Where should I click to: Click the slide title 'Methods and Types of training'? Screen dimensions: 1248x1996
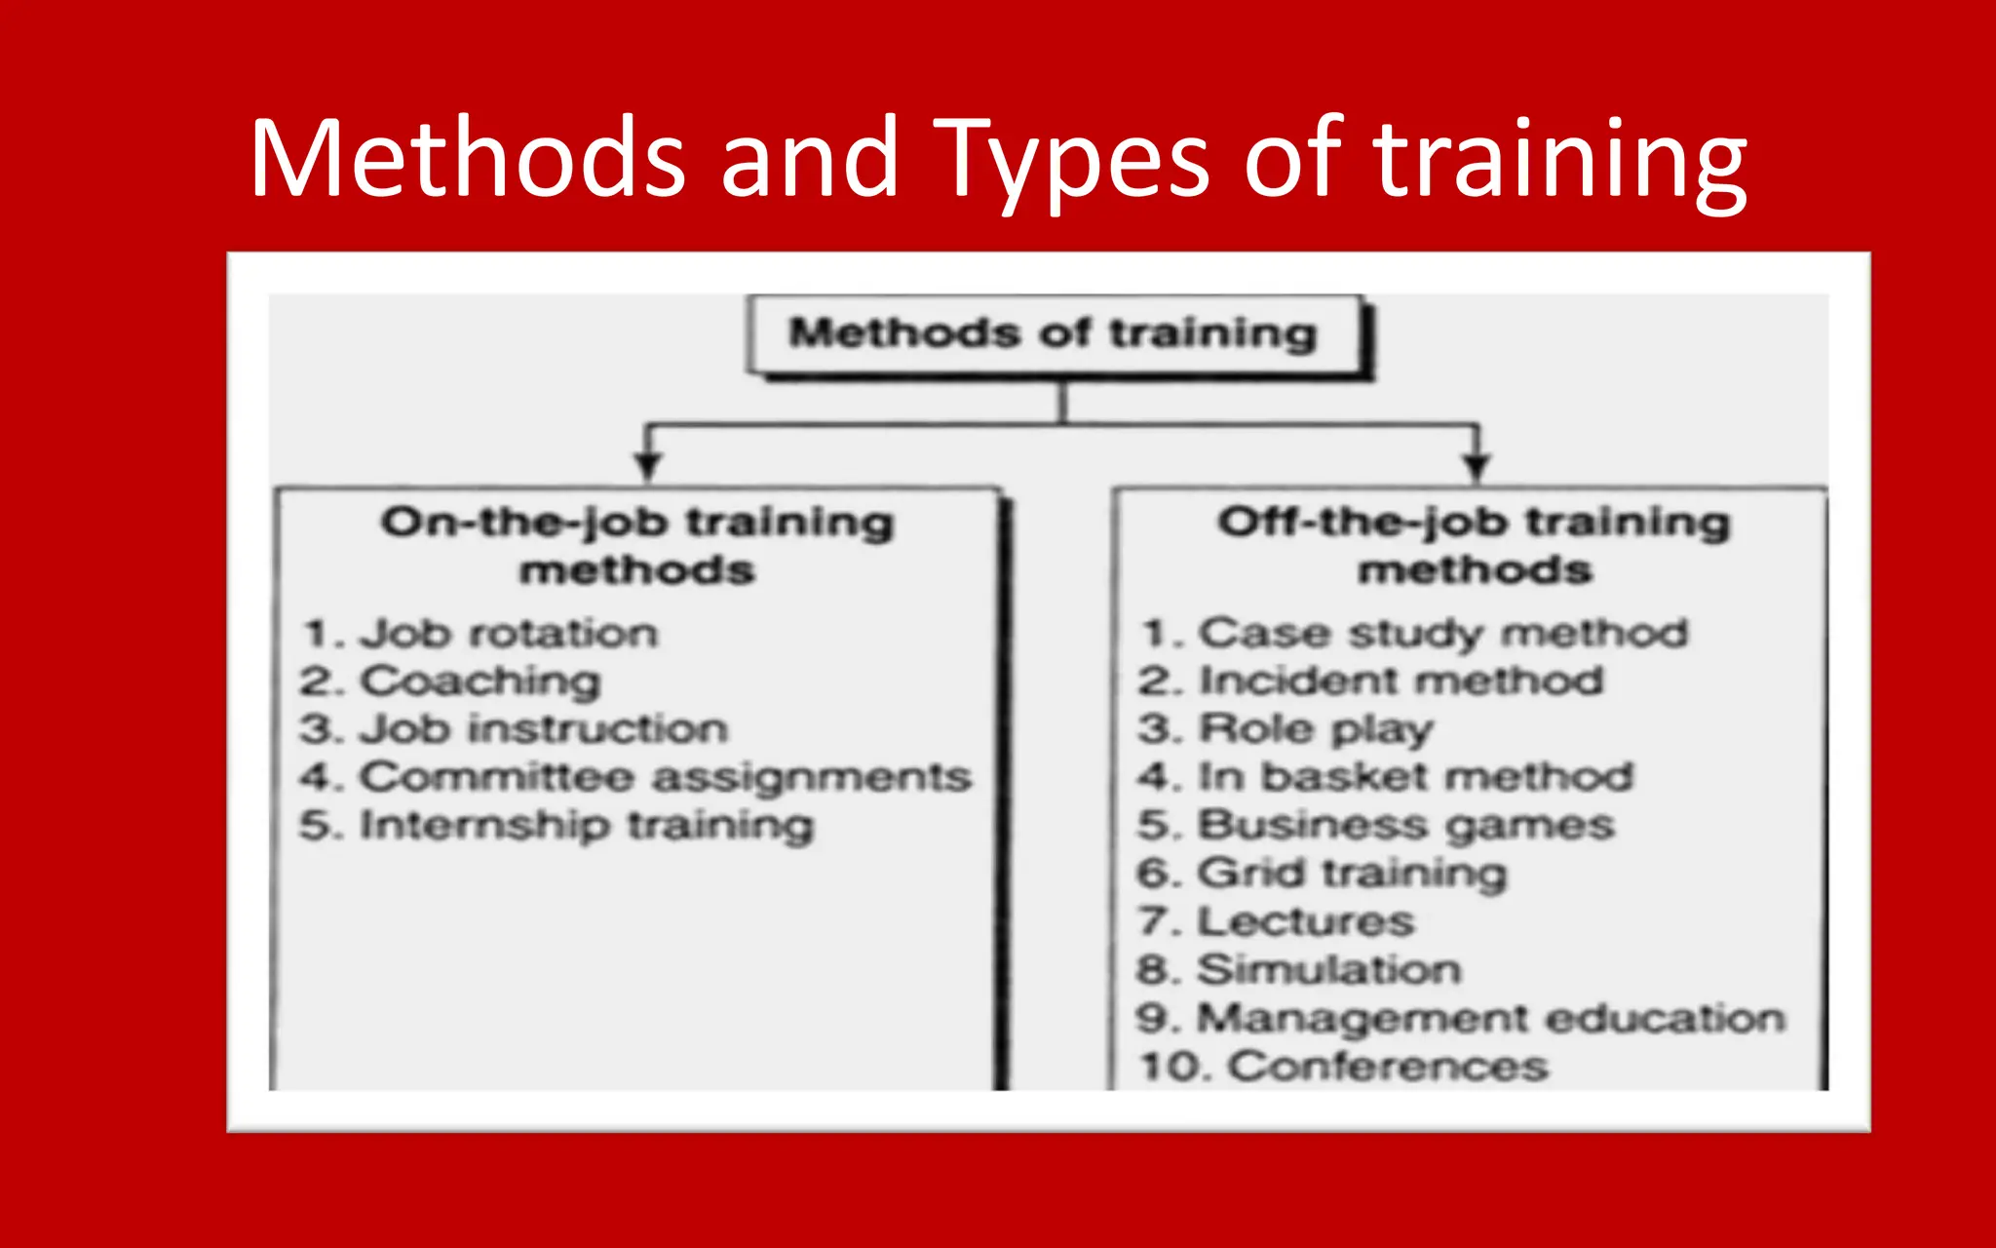click(x=998, y=158)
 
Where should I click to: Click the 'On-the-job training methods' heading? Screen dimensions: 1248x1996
click(x=637, y=546)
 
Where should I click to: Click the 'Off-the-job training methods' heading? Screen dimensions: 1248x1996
click(x=1474, y=546)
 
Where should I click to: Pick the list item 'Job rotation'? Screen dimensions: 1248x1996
click(x=509, y=634)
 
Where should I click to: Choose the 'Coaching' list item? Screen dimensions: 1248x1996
click(x=480, y=682)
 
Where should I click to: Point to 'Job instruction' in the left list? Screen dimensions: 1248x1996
click(x=543, y=729)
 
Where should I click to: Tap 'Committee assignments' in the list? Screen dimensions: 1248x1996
click(x=665, y=777)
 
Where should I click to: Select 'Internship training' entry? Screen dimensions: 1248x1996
click(x=586, y=826)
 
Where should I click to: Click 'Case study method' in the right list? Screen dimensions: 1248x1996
click(x=1442, y=634)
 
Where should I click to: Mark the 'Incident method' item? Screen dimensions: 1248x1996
click(x=1401, y=682)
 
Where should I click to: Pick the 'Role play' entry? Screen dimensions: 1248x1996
click(x=1316, y=729)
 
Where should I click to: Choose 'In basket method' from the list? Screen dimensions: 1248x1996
click(x=1415, y=777)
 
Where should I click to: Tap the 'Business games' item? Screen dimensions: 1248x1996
click(x=1405, y=826)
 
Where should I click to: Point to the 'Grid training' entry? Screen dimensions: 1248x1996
click(x=1352, y=874)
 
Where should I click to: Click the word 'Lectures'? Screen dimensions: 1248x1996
click(x=1305, y=921)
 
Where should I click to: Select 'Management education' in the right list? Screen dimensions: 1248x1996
click(x=1491, y=1018)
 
